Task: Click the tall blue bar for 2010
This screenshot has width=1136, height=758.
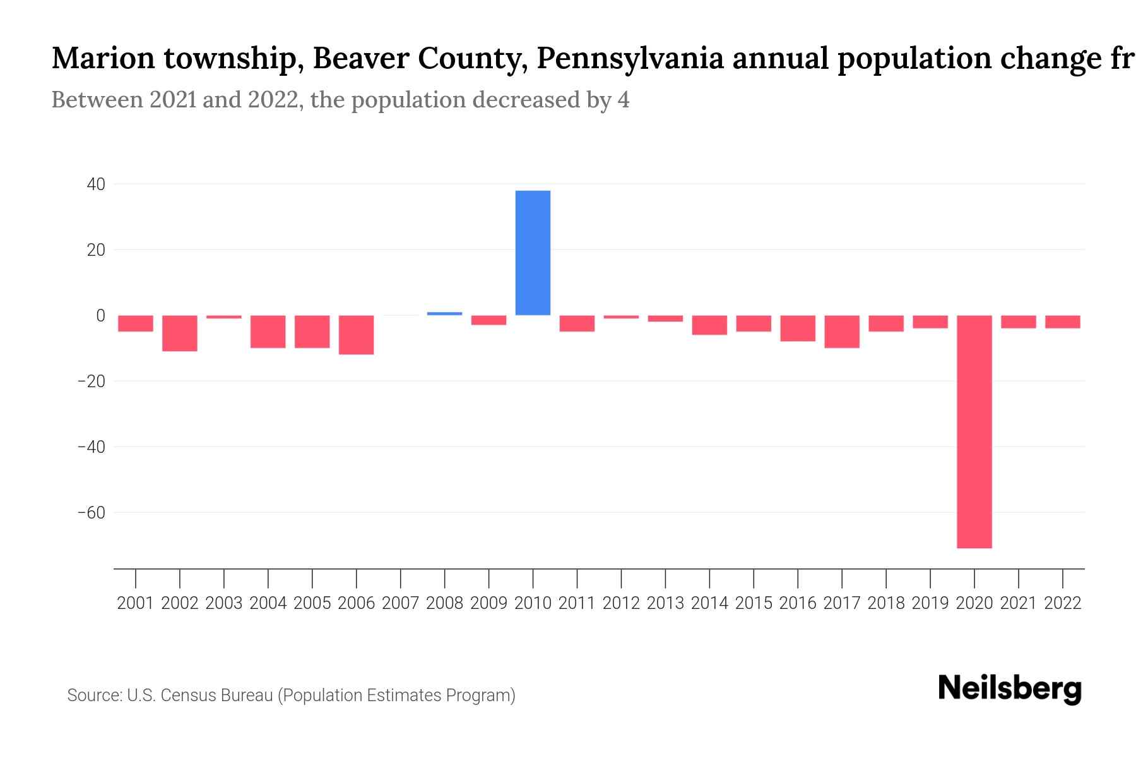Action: (x=533, y=253)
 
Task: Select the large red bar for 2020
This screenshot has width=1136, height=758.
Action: (x=974, y=431)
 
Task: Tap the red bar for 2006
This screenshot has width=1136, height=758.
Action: (x=357, y=335)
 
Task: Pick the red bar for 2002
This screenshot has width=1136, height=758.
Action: (x=180, y=333)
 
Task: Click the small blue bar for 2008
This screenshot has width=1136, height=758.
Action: (x=444, y=313)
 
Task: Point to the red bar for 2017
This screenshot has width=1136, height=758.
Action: (x=842, y=332)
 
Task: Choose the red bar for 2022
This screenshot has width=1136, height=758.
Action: (x=1062, y=322)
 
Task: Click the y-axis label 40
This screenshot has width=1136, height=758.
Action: (x=97, y=184)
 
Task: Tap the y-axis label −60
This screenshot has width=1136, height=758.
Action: (x=92, y=512)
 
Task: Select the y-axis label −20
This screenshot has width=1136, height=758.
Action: (x=92, y=382)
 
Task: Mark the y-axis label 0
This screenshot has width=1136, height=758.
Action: (x=100, y=316)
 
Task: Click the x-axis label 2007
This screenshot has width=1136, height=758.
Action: (x=401, y=603)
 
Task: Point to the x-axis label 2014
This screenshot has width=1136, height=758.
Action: (x=709, y=603)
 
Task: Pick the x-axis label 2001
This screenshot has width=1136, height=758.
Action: (x=136, y=603)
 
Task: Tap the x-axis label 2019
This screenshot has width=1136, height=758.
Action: (x=930, y=603)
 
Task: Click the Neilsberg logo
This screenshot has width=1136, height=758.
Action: (x=1010, y=689)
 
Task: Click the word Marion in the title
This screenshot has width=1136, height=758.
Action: (x=103, y=59)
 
